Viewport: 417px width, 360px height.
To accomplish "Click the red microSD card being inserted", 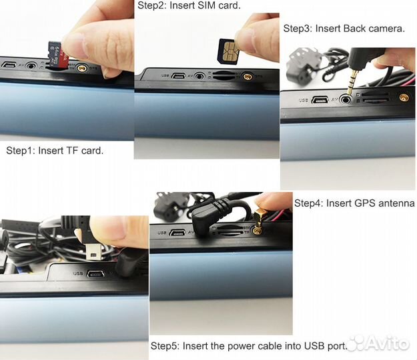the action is point(57,55).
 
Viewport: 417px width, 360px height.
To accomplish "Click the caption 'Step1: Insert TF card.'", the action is point(55,151).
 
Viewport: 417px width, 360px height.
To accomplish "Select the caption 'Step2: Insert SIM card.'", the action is point(189,5).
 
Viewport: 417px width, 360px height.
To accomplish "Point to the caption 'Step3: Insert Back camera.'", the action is point(344,29).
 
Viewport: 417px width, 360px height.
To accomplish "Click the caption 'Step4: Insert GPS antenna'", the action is point(354,203).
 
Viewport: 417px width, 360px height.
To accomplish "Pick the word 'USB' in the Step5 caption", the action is point(314,346).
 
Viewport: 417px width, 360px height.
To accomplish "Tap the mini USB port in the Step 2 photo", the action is point(178,76).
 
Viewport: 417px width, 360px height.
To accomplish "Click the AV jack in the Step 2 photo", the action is point(199,76).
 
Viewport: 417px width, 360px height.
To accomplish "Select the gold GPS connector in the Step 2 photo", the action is point(248,77).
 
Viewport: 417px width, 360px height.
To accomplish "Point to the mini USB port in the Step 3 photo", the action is point(320,101).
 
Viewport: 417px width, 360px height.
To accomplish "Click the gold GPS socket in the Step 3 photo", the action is point(404,97).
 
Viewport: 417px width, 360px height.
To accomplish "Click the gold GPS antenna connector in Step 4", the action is point(258,221).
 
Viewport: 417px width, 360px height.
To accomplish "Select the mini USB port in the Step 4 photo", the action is point(177,233).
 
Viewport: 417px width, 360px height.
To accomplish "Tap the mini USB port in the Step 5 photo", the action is point(95,273).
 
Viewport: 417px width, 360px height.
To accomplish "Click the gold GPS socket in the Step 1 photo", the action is point(82,69).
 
